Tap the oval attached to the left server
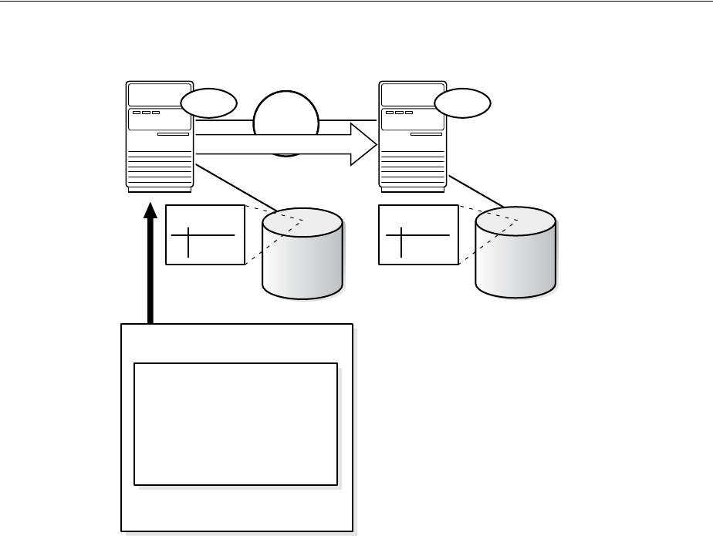coord(209,103)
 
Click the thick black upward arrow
coord(150,262)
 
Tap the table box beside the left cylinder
coord(205,235)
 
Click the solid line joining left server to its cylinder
coord(235,187)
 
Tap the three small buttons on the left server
coord(146,113)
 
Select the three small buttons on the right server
coord(399,113)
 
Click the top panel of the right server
coord(412,94)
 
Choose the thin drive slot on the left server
coord(173,134)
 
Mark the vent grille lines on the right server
coord(412,170)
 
